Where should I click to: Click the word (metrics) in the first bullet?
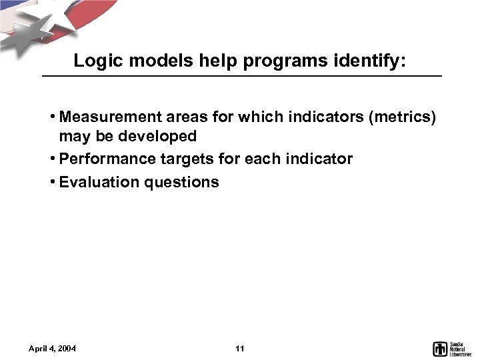pos(402,118)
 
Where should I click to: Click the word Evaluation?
pos(96,182)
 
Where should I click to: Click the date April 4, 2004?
pos(52,349)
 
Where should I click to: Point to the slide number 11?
pos(241,349)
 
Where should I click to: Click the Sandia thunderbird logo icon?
pos(440,348)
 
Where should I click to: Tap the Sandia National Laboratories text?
pos(461,348)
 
